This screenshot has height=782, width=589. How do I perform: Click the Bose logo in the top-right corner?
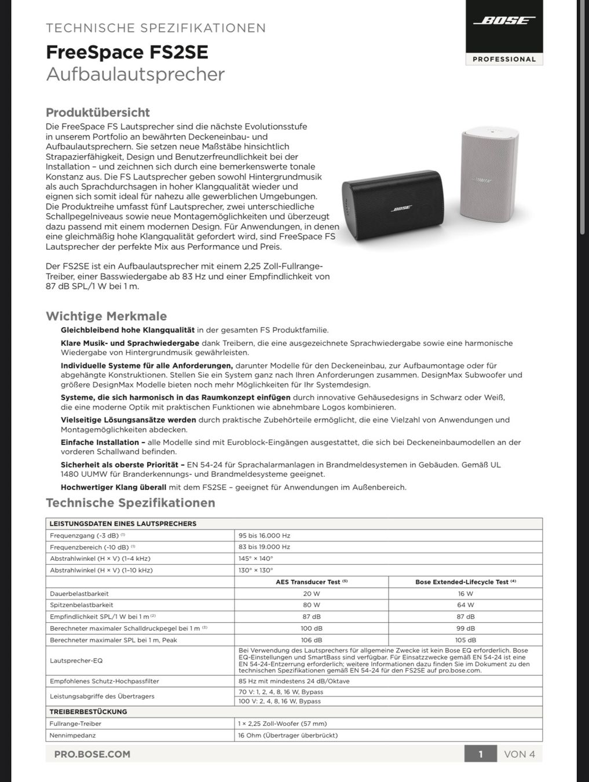point(504,21)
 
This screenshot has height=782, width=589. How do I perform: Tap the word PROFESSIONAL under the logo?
point(504,59)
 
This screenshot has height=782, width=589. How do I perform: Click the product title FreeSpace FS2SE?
point(127,52)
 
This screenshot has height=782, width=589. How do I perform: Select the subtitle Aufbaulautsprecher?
point(135,74)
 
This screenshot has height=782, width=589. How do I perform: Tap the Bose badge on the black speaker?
point(401,209)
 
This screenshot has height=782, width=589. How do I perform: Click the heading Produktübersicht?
point(97,112)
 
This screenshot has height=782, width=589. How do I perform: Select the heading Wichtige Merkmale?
point(106,316)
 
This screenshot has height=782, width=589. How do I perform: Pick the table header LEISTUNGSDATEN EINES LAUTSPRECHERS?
point(123,524)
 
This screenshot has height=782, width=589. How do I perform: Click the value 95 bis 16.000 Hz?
point(264,536)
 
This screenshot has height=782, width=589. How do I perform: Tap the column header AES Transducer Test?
point(311,582)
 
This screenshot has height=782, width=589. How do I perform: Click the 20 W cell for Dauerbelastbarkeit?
point(311,594)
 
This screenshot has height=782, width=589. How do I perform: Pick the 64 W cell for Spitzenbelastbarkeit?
point(465,605)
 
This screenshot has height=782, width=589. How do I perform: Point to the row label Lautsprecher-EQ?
point(76,660)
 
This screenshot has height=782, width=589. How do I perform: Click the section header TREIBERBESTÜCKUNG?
point(88,711)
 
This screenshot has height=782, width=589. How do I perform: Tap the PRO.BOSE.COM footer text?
point(92,754)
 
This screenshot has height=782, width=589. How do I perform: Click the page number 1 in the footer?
point(481,754)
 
